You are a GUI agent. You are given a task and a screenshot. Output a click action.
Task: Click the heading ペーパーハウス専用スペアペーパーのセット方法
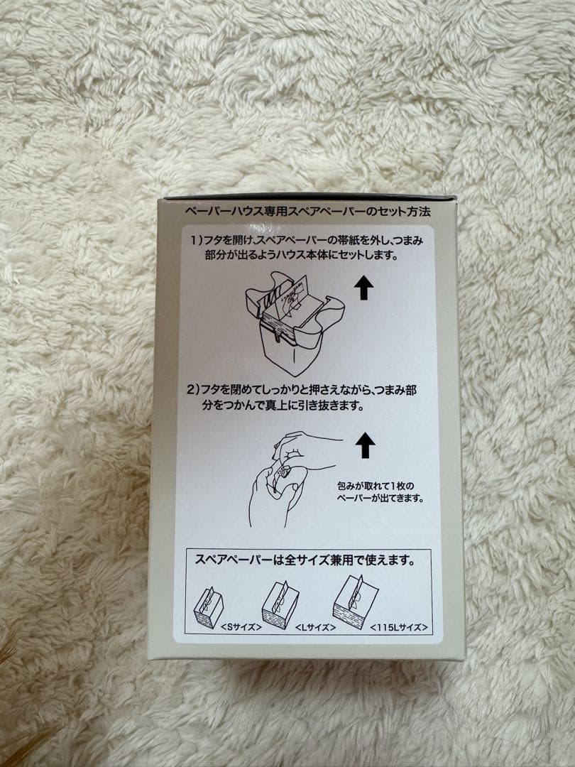click(x=307, y=212)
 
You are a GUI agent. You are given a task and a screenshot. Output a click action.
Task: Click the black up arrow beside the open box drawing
click(x=363, y=288)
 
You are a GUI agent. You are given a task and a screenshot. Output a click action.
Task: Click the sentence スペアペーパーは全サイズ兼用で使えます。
click(x=305, y=559)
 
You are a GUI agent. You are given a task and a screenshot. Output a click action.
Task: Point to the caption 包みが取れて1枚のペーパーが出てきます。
click(x=380, y=492)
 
